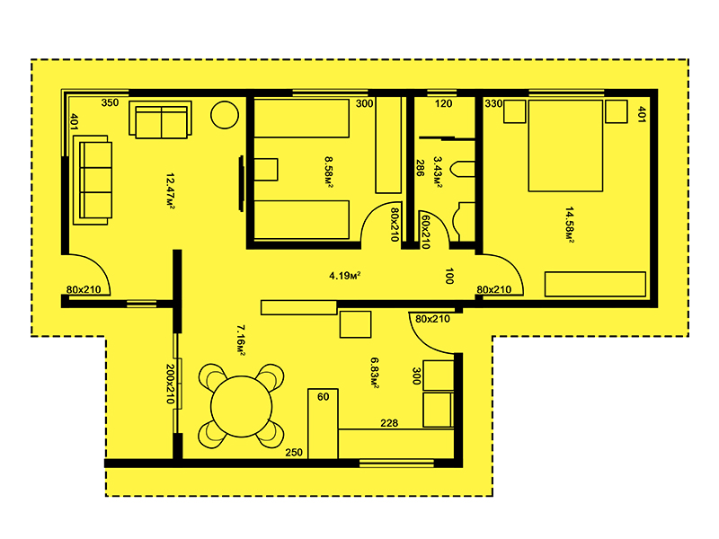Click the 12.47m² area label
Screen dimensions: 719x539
click(170, 191)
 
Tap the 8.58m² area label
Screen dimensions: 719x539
click(329, 172)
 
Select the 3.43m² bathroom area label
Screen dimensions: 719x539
click(438, 172)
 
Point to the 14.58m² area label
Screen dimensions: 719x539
click(569, 225)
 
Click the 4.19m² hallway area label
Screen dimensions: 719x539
click(345, 276)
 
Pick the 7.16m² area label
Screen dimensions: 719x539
click(241, 340)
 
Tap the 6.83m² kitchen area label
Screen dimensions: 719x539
click(374, 373)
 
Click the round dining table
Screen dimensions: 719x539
click(241, 406)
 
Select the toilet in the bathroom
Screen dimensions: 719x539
click(463, 169)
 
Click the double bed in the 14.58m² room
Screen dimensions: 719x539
click(565, 146)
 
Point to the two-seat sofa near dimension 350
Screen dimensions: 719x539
click(161, 119)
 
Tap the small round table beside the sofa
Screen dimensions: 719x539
click(225, 115)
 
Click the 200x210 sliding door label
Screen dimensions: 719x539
click(170, 384)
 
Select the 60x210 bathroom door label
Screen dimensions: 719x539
click(425, 232)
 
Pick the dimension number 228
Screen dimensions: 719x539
click(389, 423)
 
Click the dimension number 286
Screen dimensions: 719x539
click(420, 168)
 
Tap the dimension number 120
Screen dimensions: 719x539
click(443, 103)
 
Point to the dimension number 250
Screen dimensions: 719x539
click(294, 453)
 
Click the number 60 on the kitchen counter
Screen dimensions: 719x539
click(324, 396)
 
